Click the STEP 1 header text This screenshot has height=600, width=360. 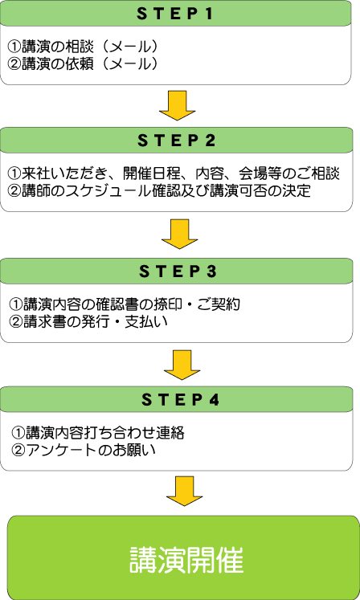coord(174,14)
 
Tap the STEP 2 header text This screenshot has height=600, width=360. coord(177,141)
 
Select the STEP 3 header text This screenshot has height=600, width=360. coord(178,271)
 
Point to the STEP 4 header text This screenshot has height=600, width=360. coord(180,400)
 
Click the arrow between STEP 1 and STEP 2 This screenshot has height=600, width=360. coord(177,105)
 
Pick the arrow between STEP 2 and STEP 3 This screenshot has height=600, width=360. coord(180,234)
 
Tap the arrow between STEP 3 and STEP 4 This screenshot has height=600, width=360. coord(182,365)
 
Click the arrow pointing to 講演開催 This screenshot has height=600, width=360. coord(184,492)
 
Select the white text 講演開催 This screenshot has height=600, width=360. coord(186,560)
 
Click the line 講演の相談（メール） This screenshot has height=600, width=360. coord(83,47)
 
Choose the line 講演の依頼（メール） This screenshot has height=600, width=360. coord(83,63)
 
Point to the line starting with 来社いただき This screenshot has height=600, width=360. coord(174,173)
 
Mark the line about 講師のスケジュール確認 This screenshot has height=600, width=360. coord(159,190)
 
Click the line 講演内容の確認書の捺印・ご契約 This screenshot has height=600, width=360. coord(125,304)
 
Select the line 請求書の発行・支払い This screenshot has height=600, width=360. coord(88,321)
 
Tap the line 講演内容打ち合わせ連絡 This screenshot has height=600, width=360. coord(98,433)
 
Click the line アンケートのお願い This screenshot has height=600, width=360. coord(84,450)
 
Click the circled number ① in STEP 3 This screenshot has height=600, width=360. coord(16,304)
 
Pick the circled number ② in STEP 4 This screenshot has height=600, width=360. coord(18,450)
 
